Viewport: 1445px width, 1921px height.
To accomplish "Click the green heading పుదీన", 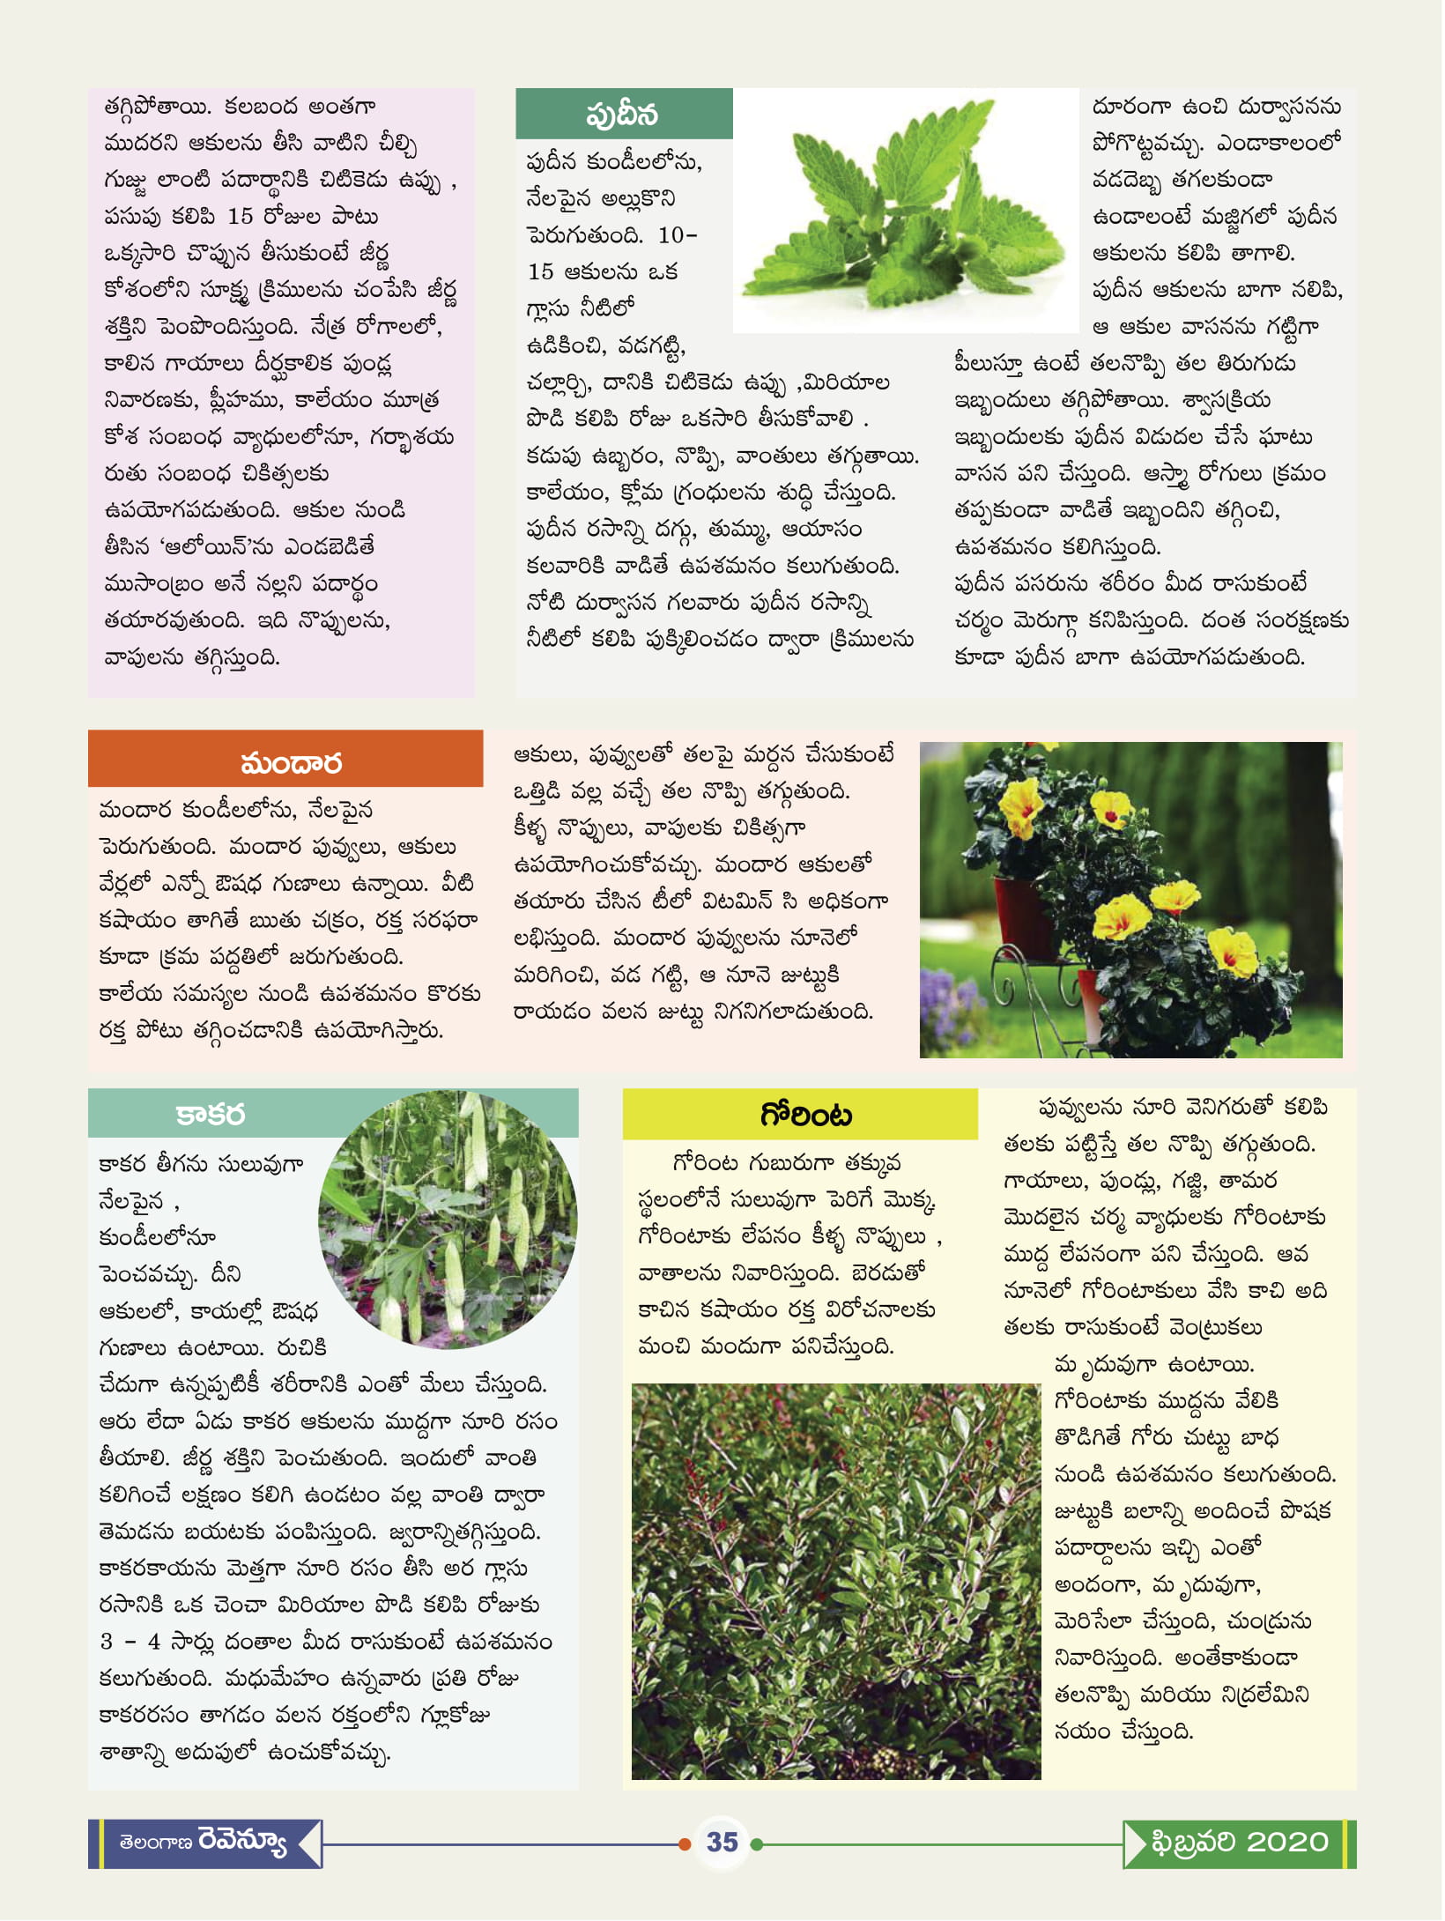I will coord(623,115).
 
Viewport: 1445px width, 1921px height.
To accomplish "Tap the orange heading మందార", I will coord(291,762).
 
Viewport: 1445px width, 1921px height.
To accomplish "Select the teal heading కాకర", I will coord(210,1114).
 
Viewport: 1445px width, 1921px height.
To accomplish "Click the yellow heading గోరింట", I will coord(805,1116).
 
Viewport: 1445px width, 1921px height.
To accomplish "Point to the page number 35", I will coord(722,1842).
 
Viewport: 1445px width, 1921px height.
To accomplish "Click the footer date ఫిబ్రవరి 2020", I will coord(1239,1843).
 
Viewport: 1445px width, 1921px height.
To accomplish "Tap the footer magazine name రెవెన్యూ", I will coord(242,1842).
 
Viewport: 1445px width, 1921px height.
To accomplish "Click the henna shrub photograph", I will coord(835,1582).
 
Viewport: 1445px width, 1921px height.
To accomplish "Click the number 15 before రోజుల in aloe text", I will coord(240,216).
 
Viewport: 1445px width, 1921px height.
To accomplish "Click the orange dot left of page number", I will coord(685,1843).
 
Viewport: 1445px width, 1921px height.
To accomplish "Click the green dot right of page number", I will coord(756,1843).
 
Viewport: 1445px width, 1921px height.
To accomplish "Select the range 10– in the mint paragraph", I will coord(678,235).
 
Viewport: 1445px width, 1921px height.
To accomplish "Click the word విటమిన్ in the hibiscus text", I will coord(737,901).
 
